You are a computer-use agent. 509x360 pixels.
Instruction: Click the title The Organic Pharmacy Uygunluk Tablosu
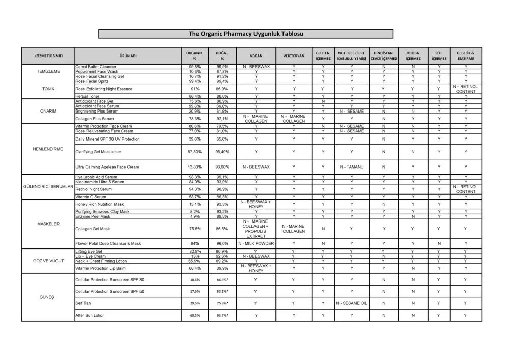[245, 34]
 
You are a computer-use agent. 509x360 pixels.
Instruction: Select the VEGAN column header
[256, 56]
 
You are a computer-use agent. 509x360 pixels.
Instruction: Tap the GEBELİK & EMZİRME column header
[465, 56]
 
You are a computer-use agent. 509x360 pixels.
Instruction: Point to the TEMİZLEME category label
[48, 71]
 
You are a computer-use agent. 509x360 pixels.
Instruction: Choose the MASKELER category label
[48, 224]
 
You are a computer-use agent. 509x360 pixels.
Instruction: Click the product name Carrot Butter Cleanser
[96, 67]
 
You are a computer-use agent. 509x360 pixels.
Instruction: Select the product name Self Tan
[83, 303]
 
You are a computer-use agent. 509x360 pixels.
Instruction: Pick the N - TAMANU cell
[351, 167]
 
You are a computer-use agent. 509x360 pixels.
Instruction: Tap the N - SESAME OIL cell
[351, 303]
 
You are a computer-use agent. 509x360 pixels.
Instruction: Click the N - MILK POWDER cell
[256, 243]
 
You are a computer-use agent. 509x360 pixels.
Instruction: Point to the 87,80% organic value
[195, 152]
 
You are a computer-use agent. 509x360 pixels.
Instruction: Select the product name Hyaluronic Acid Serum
[96, 177]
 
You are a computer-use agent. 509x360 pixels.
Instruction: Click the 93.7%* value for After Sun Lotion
[222, 315]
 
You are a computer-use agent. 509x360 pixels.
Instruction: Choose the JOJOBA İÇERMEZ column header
[413, 56]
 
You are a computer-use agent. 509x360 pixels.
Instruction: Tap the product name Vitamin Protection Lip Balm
[100, 268]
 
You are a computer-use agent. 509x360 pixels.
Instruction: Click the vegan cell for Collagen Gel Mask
[256, 229]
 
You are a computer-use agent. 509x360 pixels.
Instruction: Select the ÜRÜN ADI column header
[128, 56]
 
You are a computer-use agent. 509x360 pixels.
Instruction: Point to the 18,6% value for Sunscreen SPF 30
[195, 280]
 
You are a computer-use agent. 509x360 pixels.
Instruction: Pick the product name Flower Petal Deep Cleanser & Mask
[108, 243]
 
